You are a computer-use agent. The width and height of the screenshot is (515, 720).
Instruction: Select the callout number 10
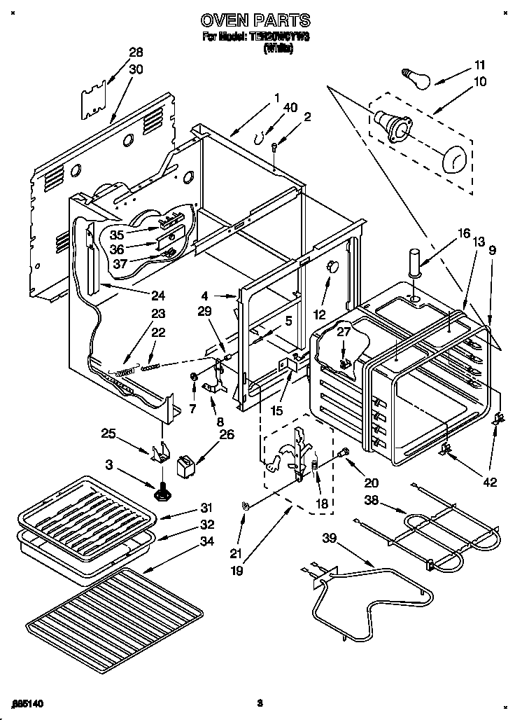pyautogui.click(x=479, y=81)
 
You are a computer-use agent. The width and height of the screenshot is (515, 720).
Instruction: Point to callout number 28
pyautogui.click(x=136, y=53)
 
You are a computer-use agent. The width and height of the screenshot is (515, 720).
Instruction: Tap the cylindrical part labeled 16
pyautogui.click(x=415, y=263)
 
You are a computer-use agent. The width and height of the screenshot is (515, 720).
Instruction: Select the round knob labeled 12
pyautogui.click(x=332, y=266)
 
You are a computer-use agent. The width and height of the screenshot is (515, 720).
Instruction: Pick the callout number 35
pyautogui.click(x=116, y=235)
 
